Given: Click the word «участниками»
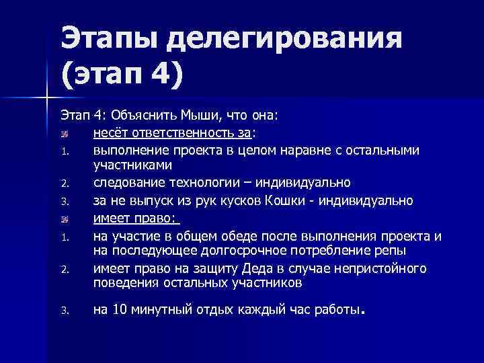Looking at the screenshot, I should tap(132, 165).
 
